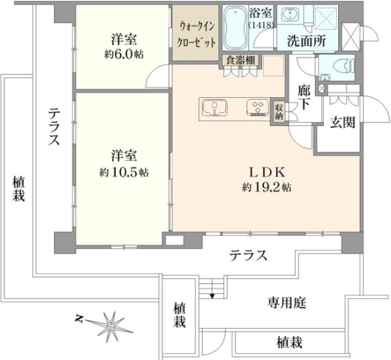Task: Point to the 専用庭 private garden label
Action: tap(287, 303)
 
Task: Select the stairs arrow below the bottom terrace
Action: tap(212, 297)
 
